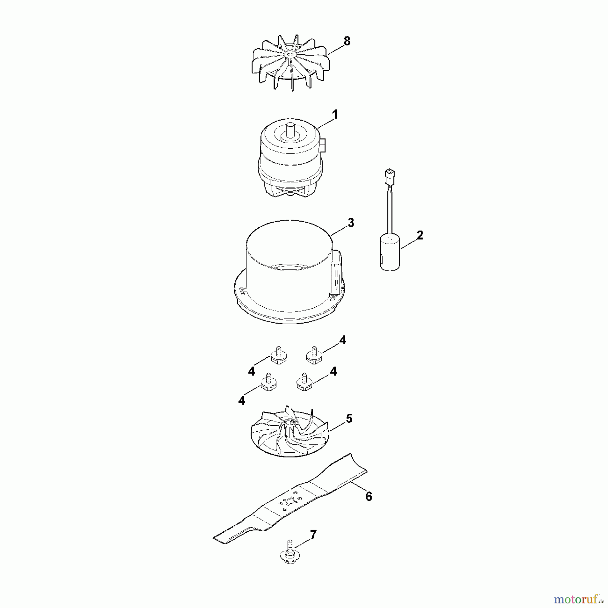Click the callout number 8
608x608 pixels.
(x=347, y=41)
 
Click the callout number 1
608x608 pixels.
(x=335, y=115)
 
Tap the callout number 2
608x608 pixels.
(x=420, y=235)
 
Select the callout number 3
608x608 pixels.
(x=351, y=223)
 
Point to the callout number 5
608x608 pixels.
(x=349, y=419)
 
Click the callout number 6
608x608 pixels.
(x=369, y=496)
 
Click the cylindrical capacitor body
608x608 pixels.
(x=390, y=253)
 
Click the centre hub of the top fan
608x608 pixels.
(x=290, y=54)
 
